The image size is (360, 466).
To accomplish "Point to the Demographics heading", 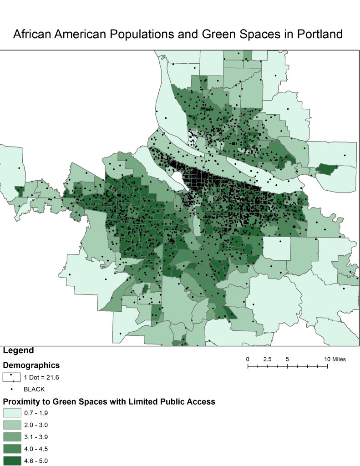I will pyautogui.click(x=31, y=365).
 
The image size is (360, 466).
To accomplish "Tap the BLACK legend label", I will pyautogui.click(x=34, y=389).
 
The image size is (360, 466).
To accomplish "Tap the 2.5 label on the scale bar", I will pyautogui.click(x=267, y=359).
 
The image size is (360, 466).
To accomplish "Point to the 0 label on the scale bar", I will pyautogui.click(x=248, y=359).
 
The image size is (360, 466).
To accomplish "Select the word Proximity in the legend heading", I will pyautogui.click(x=21, y=401).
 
